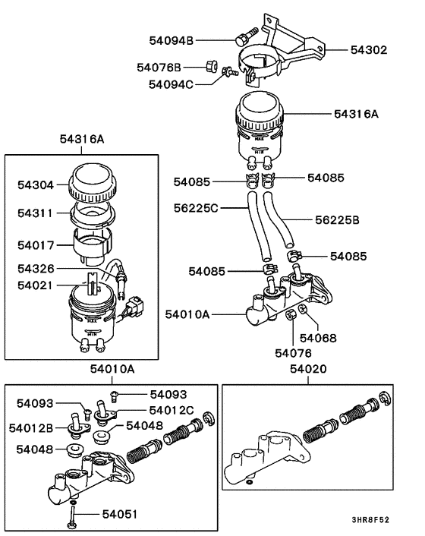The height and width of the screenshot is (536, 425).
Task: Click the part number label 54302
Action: (368, 50)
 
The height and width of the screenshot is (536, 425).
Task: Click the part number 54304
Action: (36, 184)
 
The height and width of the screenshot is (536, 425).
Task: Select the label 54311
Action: (36, 214)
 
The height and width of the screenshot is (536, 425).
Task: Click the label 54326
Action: (36, 270)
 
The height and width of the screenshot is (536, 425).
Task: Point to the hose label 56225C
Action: (196, 207)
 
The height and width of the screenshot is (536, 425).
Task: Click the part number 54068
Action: (318, 338)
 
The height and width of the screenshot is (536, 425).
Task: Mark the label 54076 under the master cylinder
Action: (292, 353)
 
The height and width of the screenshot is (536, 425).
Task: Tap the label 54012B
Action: (30, 428)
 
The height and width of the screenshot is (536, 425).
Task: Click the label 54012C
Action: (171, 410)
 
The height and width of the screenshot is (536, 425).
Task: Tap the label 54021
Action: (36, 285)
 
